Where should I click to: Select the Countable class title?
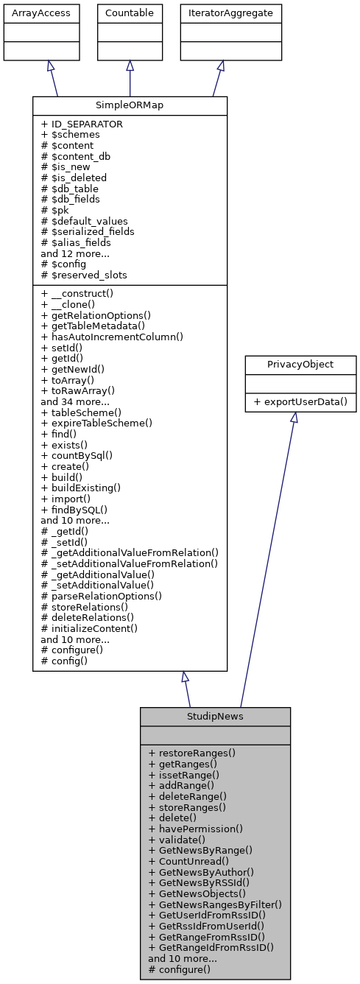pos(130,13)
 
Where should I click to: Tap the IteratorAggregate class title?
pos(220,13)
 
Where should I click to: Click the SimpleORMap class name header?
pos(130,106)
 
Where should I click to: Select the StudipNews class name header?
pos(215,717)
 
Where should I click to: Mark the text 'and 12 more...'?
pos(76,253)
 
